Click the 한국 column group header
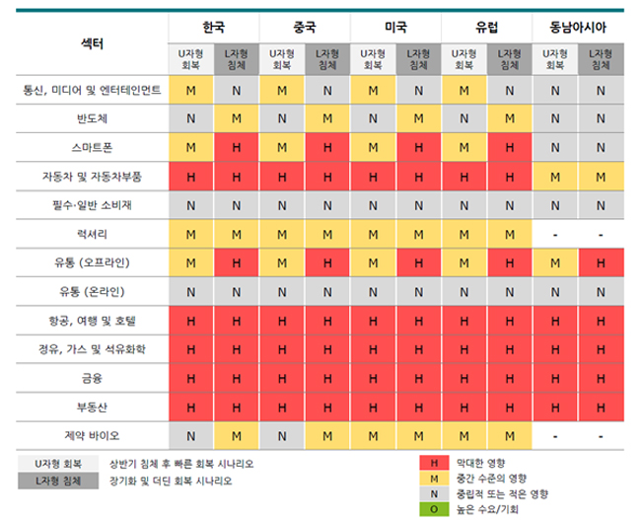coord(213,27)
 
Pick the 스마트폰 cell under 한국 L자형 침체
coord(236,148)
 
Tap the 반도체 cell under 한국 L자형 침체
coord(236,119)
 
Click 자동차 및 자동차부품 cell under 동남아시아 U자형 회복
coord(555,177)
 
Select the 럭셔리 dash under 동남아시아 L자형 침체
coord(601,235)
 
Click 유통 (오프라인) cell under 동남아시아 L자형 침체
coord(601,263)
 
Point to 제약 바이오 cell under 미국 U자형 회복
coord(373,435)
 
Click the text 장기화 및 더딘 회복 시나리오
coord(172,481)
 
